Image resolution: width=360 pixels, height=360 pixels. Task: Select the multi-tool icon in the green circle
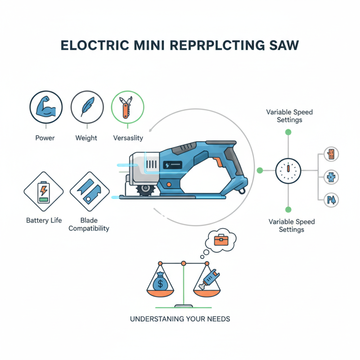(x=127, y=108)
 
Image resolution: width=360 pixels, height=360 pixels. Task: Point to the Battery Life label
(x=44, y=220)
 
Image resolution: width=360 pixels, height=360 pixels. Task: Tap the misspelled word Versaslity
(x=128, y=138)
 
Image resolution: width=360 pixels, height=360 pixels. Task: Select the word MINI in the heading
(x=140, y=46)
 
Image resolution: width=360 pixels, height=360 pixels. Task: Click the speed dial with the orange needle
(x=287, y=171)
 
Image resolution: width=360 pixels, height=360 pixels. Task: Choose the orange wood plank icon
(x=332, y=154)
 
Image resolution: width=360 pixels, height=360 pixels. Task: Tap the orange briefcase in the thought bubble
(x=220, y=241)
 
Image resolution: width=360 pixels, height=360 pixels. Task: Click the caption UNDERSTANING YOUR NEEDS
(x=180, y=319)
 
